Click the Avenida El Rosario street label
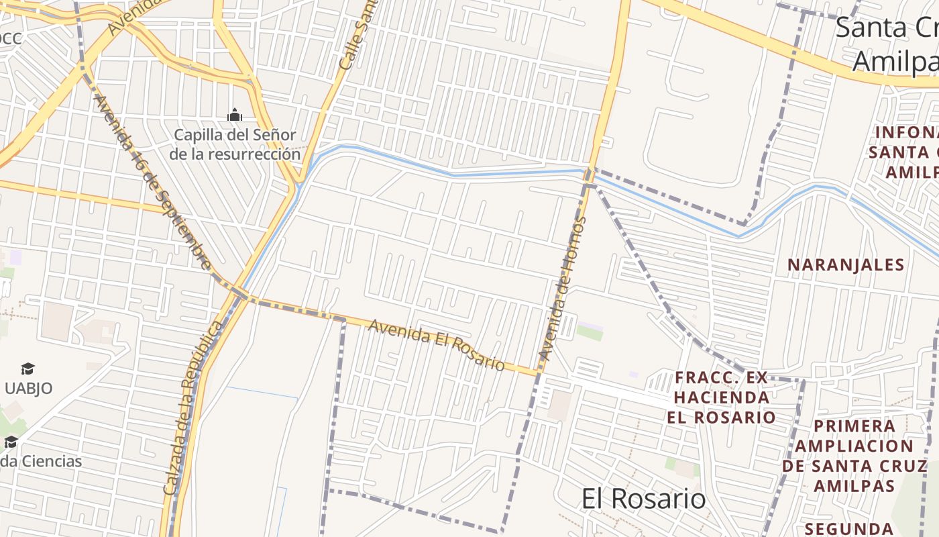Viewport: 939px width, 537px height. pyautogui.click(x=437, y=344)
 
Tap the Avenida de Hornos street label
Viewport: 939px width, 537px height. pyautogui.click(x=561, y=289)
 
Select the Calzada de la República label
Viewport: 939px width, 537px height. pyautogui.click(x=193, y=407)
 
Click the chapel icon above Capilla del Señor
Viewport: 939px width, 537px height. pyautogui.click(x=234, y=115)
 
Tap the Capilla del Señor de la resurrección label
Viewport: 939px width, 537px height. pyautogui.click(x=234, y=144)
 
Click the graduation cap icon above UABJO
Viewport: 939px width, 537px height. pyautogui.click(x=27, y=369)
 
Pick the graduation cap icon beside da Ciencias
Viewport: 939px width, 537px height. pyautogui.click(x=11, y=442)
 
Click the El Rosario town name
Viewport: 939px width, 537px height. pyautogui.click(x=643, y=499)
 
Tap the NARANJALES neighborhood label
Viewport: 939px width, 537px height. pyautogui.click(x=846, y=265)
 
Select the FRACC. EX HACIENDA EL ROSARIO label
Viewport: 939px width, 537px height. pyautogui.click(x=721, y=397)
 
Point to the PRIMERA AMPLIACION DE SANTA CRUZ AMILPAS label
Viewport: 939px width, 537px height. pyautogui.click(x=854, y=456)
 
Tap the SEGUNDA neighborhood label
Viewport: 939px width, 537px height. pyautogui.click(x=848, y=528)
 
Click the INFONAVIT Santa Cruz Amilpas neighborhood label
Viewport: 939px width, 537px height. pyautogui.click(x=905, y=152)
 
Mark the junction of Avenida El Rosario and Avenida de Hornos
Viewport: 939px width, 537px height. pyautogui.click(x=539, y=373)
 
